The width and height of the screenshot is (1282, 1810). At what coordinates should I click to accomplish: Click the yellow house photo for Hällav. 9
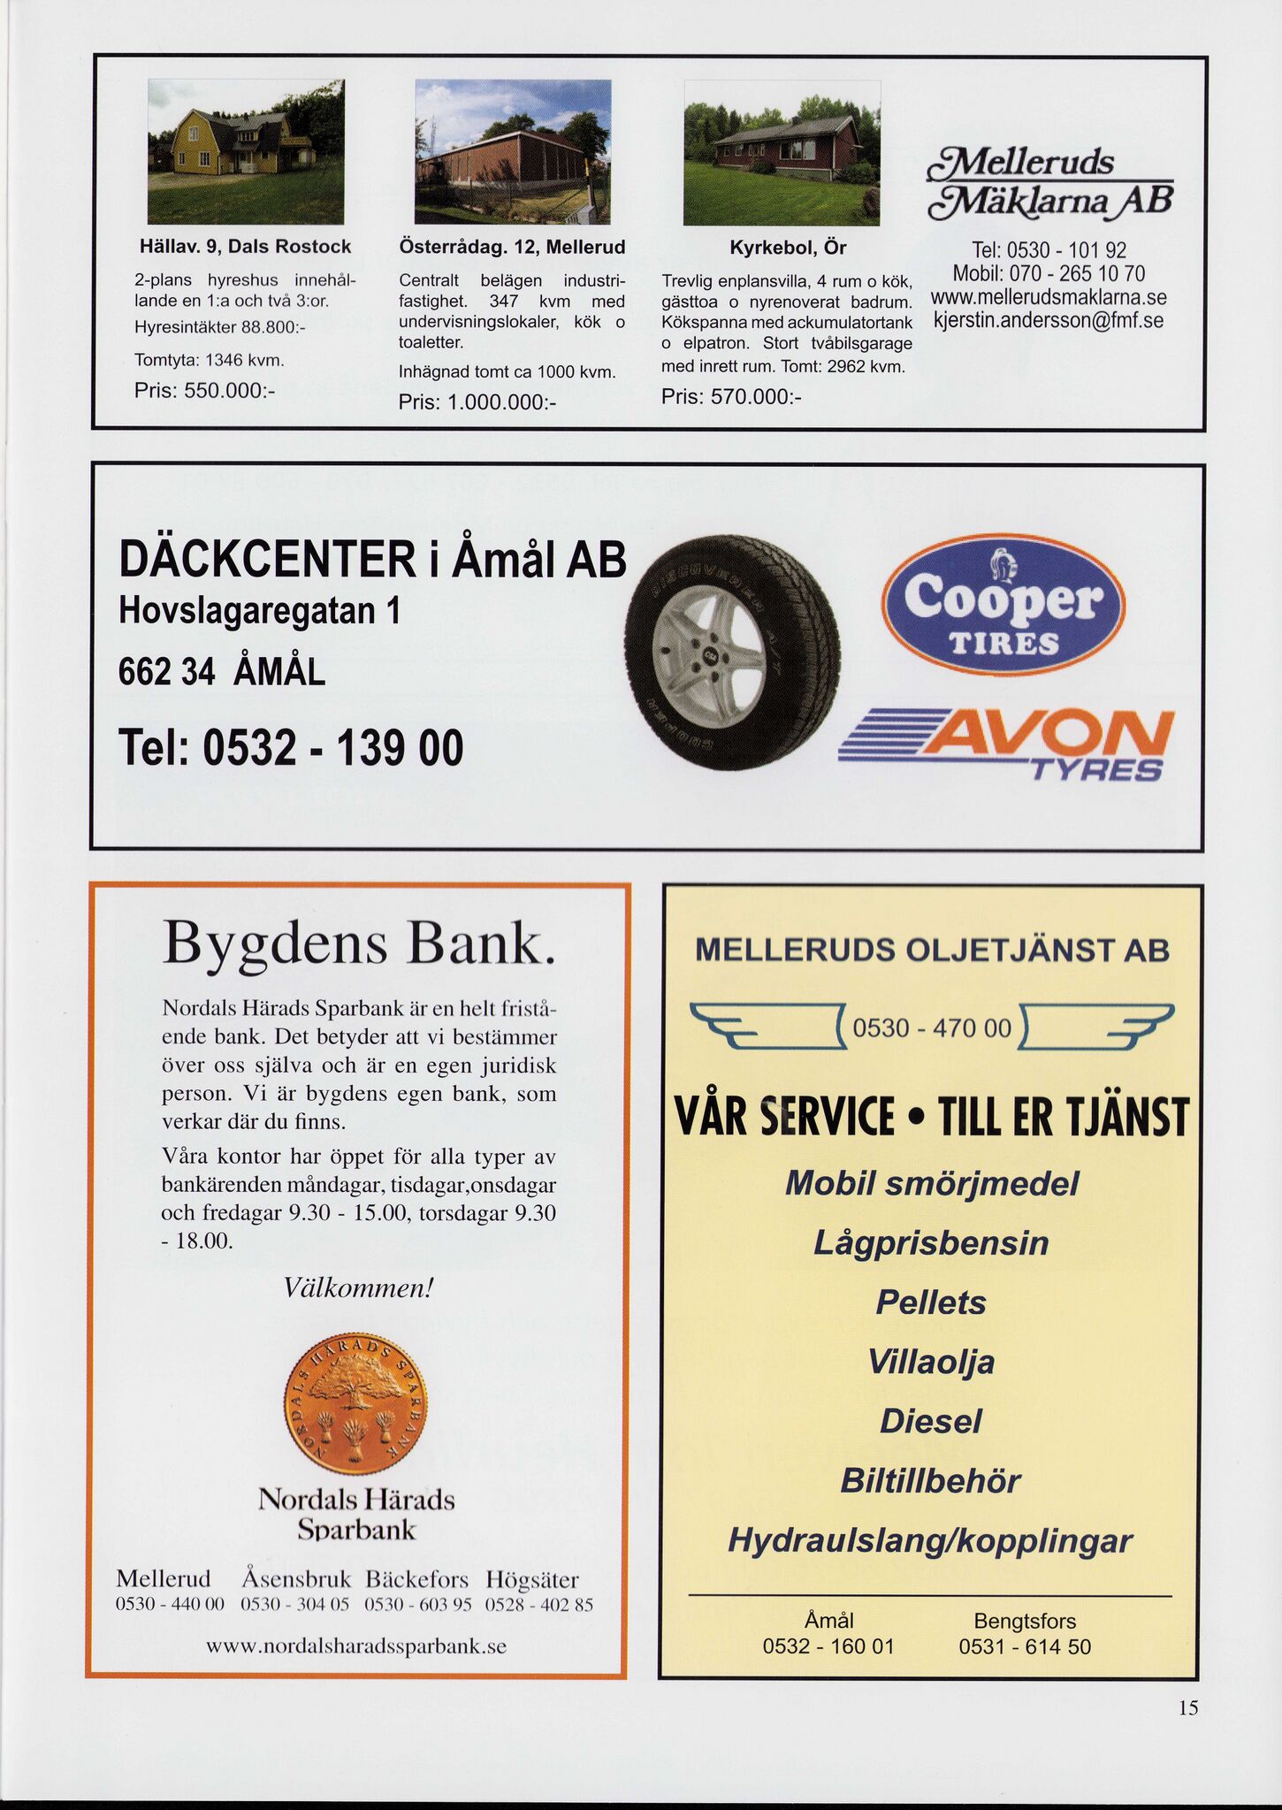coord(246,151)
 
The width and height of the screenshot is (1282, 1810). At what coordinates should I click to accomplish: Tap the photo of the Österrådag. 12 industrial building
coord(513,151)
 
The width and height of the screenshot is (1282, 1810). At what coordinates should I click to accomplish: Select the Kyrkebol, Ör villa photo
coord(782,152)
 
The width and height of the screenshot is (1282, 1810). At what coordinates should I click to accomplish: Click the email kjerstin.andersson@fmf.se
coord(1049,320)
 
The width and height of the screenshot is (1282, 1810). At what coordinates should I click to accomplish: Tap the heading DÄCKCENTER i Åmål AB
coord(372,560)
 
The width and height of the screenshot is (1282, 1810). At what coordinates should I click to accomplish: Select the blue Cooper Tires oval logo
coord(1003,604)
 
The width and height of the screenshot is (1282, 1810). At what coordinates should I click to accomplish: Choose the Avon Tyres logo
coord(1005,745)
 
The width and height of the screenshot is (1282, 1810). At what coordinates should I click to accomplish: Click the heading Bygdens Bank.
coord(359,943)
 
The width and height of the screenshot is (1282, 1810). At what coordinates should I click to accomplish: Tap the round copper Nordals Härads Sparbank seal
coord(355,1403)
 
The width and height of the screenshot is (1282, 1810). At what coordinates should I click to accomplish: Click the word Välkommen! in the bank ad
coord(358,1287)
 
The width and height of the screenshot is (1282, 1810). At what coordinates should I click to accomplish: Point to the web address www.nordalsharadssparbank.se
coord(356,1646)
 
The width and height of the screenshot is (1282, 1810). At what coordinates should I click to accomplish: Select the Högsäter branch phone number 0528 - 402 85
coord(539,1605)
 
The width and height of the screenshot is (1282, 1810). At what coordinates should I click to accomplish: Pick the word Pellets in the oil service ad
coord(931,1302)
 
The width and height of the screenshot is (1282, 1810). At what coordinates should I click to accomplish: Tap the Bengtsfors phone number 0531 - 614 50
coord(1025,1646)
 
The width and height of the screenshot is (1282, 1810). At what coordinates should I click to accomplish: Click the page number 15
coord(1188,1707)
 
